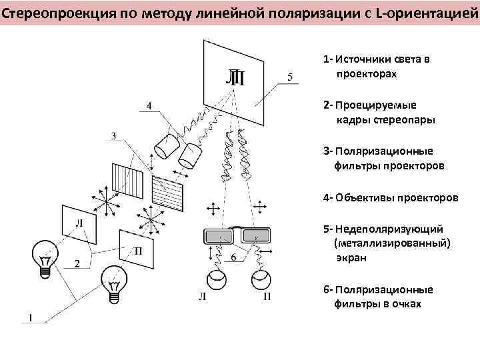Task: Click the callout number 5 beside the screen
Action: (x=289, y=77)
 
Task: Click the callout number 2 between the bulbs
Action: (x=77, y=264)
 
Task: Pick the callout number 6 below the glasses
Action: (x=233, y=257)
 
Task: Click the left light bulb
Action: (x=45, y=256)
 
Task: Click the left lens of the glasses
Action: (x=217, y=235)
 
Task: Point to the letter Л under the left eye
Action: (x=201, y=296)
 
